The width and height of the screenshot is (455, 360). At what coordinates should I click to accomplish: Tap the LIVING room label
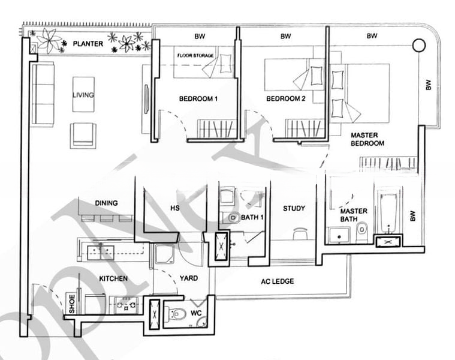(83, 95)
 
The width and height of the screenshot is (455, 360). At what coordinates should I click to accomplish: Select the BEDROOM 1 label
(198, 98)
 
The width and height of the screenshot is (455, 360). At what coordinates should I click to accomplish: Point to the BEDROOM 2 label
(286, 98)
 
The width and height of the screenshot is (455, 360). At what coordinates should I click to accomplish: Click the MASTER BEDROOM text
(367, 139)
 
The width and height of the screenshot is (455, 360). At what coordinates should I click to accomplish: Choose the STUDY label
(294, 208)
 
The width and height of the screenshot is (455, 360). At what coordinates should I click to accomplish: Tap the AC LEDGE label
(278, 281)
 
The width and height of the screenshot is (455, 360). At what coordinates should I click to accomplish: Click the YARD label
(189, 278)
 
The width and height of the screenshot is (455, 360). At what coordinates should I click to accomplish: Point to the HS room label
(175, 208)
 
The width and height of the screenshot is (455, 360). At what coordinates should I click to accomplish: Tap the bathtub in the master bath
(389, 212)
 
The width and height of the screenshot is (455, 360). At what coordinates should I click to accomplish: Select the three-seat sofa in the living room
(43, 94)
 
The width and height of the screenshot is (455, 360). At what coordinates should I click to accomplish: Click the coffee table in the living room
(83, 94)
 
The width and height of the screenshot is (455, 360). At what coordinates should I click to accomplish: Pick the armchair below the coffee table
(83, 135)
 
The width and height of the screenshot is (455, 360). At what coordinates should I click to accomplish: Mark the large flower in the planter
(47, 41)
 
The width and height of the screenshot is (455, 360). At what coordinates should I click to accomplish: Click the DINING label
(106, 203)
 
